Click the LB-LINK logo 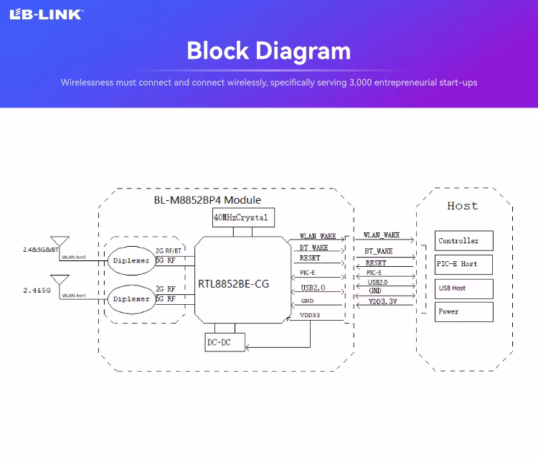tap(46, 14)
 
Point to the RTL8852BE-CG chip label tap(234, 284)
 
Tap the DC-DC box tap(224, 343)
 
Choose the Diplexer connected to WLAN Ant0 tap(131, 260)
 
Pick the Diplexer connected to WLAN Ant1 tap(131, 298)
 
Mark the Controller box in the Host tap(463, 241)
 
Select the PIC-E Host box tap(463, 264)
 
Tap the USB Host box tap(463, 288)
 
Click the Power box tap(463, 311)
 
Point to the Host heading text tap(462, 206)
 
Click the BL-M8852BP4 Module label tap(207, 200)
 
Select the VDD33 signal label tap(311, 316)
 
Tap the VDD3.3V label tap(382, 302)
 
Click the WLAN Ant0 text tap(73, 257)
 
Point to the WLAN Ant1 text tap(73, 295)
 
